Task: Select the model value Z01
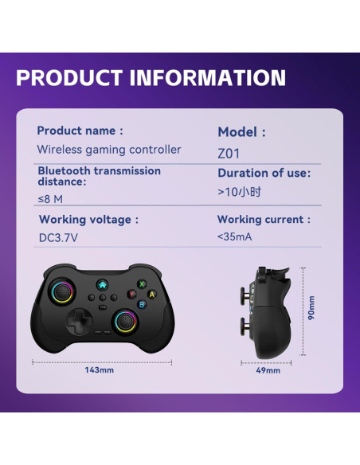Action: click(x=229, y=154)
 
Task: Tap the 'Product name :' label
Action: click(x=80, y=131)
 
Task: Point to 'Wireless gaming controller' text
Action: click(x=109, y=150)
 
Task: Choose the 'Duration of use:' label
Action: click(x=264, y=172)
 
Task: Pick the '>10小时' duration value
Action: click(x=238, y=192)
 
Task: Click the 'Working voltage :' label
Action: click(x=88, y=219)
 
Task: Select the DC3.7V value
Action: click(x=57, y=238)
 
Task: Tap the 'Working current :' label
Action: click(x=264, y=219)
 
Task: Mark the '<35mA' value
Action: click(x=234, y=237)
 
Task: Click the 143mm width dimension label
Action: click(x=100, y=370)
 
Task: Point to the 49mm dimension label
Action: click(x=268, y=370)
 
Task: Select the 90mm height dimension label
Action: click(x=312, y=309)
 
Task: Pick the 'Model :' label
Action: click(x=241, y=132)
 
